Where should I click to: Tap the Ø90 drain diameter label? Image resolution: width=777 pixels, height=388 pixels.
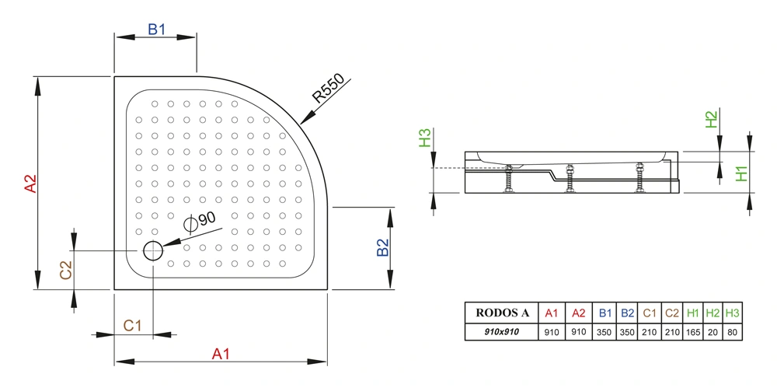pos(199,222)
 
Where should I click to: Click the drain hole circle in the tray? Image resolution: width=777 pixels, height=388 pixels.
pos(153,251)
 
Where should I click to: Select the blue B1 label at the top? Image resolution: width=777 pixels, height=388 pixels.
pos(157,30)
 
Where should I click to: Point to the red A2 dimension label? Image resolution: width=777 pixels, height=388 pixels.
pos(31,183)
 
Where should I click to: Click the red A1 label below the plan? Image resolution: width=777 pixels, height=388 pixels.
pos(221,354)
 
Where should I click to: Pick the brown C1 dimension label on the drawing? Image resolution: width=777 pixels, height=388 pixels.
pos(132,326)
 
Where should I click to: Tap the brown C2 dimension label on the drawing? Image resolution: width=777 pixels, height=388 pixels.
pos(66,271)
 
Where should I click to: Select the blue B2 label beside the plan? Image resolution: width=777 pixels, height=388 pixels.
pos(382,248)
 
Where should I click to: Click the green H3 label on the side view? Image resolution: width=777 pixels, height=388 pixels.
pos(425,138)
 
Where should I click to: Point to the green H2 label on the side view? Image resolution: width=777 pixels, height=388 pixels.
pos(711,119)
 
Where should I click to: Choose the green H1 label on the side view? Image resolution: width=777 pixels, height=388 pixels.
pos(741,173)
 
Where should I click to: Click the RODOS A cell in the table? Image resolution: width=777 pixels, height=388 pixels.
pos(502,313)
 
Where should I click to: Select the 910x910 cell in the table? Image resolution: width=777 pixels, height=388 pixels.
pos(502,332)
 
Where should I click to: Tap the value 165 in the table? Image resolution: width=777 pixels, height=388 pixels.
pos(694,332)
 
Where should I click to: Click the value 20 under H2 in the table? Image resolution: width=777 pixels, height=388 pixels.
pos(713,332)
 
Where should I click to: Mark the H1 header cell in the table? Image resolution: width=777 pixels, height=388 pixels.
pos(694,313)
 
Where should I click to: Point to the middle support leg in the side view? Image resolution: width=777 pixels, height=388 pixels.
pos(570,178)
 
